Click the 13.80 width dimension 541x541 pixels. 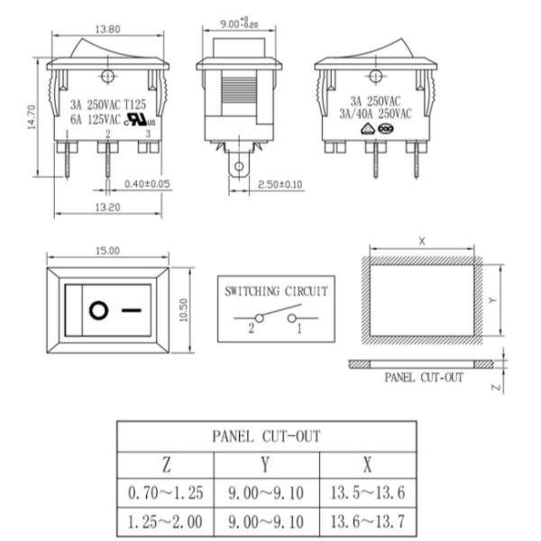(107, 30)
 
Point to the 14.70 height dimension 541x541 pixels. (32, 117)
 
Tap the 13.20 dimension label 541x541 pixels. (107, 207)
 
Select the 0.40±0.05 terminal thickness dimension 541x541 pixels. (147, 184)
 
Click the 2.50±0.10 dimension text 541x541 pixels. (280, 185)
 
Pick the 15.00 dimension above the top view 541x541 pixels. (107, 251)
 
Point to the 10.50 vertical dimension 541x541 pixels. (184, 310)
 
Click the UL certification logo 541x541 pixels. (141, 119)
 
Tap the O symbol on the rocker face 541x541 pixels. (98, 310)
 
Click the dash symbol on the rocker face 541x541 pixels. (132, 310)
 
